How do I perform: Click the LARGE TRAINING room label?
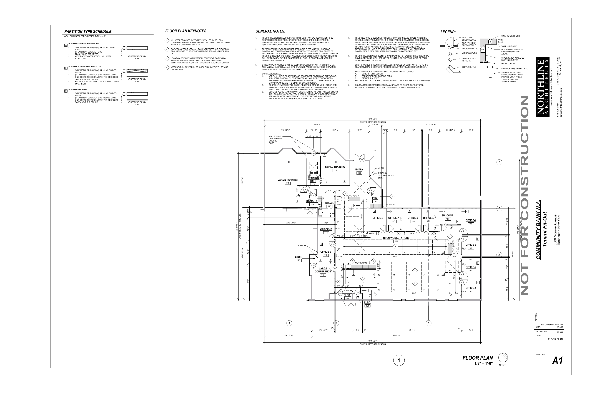[287, 180]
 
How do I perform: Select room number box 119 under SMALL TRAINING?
[335, 170]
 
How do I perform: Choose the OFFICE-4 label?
[471, 220]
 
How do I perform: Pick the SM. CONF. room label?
[448, 215]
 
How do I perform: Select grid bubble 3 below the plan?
[428, 323]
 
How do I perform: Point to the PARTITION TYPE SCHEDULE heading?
[88, 32]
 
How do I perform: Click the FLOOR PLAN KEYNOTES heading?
[186, 31]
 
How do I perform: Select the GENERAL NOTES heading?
[270, 31]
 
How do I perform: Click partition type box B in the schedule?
[66, 68]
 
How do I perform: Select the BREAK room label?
[329, 203]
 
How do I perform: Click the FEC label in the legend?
[491, 78]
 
